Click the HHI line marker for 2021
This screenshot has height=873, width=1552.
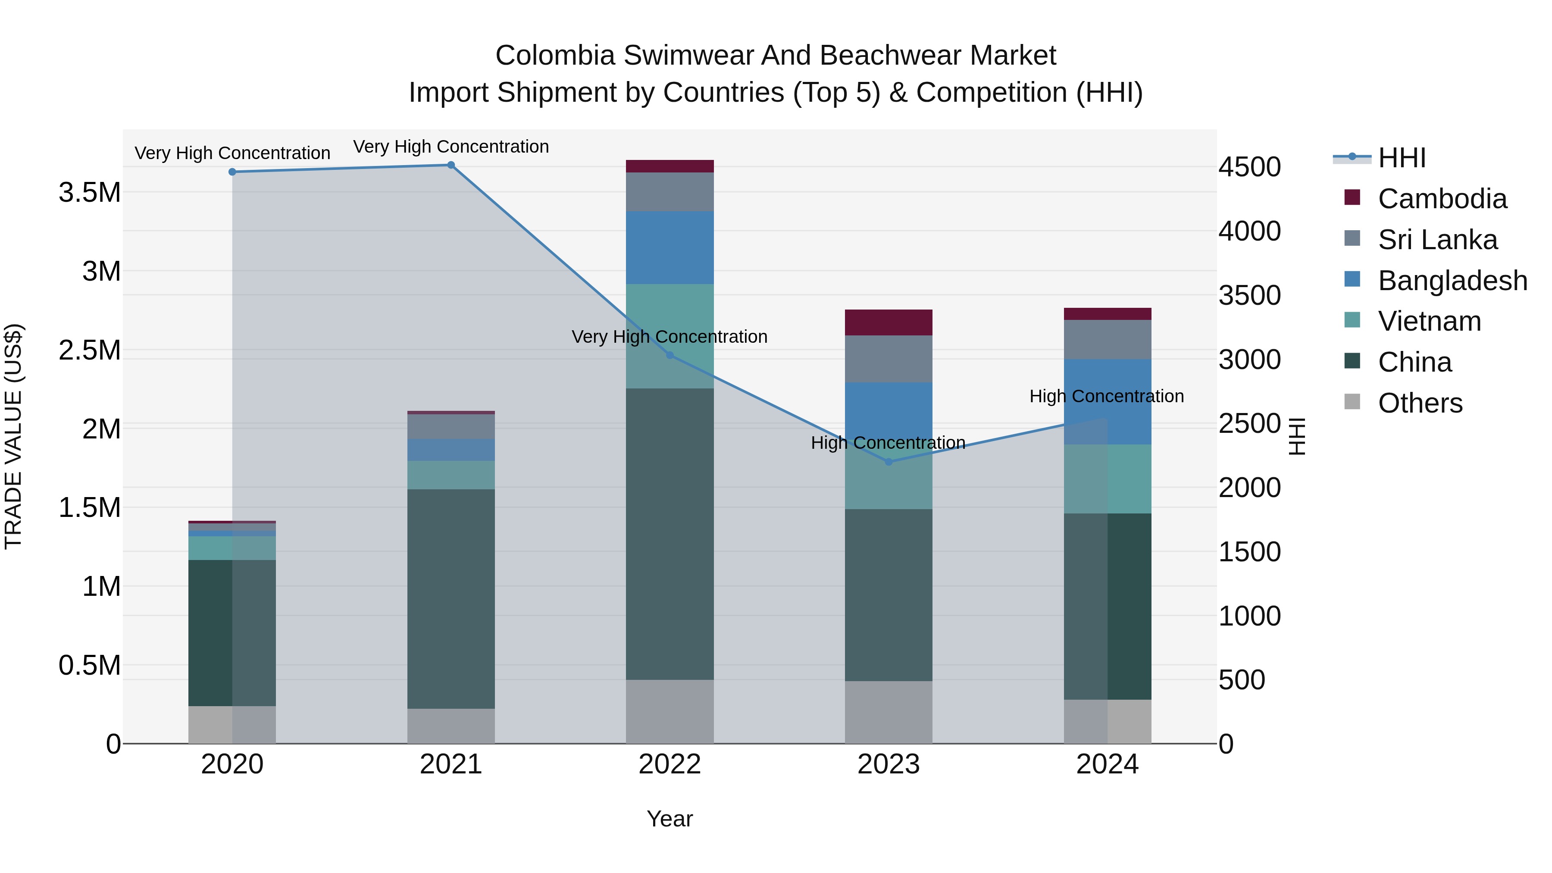click(451, 165)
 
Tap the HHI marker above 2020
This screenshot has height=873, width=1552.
click(232, 172)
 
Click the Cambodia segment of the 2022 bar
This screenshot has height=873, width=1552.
click(670, 166)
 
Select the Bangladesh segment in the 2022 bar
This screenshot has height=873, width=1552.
click(670, 247)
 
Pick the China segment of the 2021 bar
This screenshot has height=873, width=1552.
click(451, 598)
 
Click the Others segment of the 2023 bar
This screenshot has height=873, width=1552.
click(888, 712)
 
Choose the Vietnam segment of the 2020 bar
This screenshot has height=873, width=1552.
click(232, 548)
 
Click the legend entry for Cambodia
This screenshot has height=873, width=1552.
click(1442, 199)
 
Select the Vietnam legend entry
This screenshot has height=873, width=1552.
click(1429, 321)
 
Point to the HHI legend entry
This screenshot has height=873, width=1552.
click(1402, 158)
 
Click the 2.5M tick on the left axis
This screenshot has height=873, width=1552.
click(90, 350)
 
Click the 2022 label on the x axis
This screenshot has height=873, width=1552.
click(670, 764)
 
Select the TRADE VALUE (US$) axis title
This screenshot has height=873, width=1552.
click(13, 436)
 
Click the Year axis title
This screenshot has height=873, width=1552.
click(670, 819)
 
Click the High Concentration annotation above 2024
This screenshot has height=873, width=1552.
click(1106, 397)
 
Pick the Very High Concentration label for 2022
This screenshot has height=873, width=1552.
click(670, 337)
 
